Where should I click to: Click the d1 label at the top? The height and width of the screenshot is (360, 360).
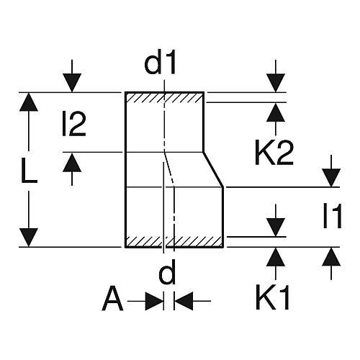click(160, 62)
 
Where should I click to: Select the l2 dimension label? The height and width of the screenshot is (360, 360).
click(74, 124)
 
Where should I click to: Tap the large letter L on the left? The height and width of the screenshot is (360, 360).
click(29, 171)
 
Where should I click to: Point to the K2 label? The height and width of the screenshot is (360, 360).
click(274, 153)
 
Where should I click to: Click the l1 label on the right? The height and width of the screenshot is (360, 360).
click(332, 216)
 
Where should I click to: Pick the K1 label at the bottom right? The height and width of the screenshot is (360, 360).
click(272, 297)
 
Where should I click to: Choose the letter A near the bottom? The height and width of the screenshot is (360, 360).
click(112, 298)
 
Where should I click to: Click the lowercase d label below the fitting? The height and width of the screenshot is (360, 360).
click(167, 271)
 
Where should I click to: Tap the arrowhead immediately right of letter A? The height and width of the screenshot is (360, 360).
click(155, 301)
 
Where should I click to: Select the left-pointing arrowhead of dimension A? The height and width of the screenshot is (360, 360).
click(184, 301)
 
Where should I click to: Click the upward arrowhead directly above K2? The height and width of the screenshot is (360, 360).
click(276, 112)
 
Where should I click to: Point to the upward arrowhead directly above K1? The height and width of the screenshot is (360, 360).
click(276, 257)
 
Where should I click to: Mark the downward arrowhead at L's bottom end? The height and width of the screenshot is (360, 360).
click(29, 238)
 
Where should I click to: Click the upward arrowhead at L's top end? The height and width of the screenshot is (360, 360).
click(29, 102)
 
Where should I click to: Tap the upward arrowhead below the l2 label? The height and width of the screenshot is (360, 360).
click(72, 163)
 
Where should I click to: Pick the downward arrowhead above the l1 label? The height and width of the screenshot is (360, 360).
click(331, 178)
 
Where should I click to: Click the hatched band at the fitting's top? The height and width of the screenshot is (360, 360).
click(164, 97)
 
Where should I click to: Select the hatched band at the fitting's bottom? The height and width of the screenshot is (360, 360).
click(174, 241)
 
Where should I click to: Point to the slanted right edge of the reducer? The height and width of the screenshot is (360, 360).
click(214, 169)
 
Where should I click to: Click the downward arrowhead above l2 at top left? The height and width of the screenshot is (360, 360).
click(72, 83)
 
